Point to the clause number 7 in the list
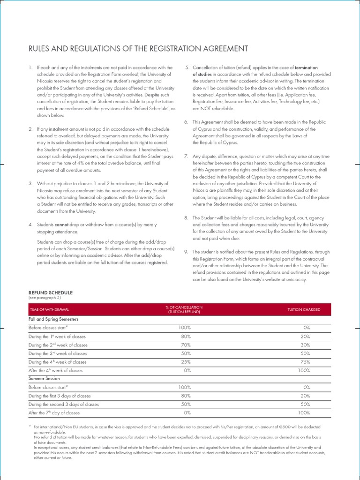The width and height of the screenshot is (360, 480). click(x=186, y=156)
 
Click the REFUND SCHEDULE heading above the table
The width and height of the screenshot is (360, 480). click(x=47, y=292)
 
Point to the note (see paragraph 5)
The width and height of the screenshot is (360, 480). click(x=45, y=298)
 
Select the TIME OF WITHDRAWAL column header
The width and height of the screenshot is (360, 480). click(x=50, y=310)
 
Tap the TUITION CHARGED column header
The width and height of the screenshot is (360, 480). click(x=304, y=310)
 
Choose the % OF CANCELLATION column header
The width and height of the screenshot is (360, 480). click(x=184, y=309)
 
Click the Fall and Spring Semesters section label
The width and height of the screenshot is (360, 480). click(x=53, y=319)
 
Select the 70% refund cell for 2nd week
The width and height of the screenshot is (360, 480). click(x=185, y=345)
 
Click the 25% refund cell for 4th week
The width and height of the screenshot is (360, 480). click(x=185, y=362)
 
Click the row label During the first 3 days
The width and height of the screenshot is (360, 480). click(x=60, y=396)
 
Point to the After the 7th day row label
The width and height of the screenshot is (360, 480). click(x=54, y=413)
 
